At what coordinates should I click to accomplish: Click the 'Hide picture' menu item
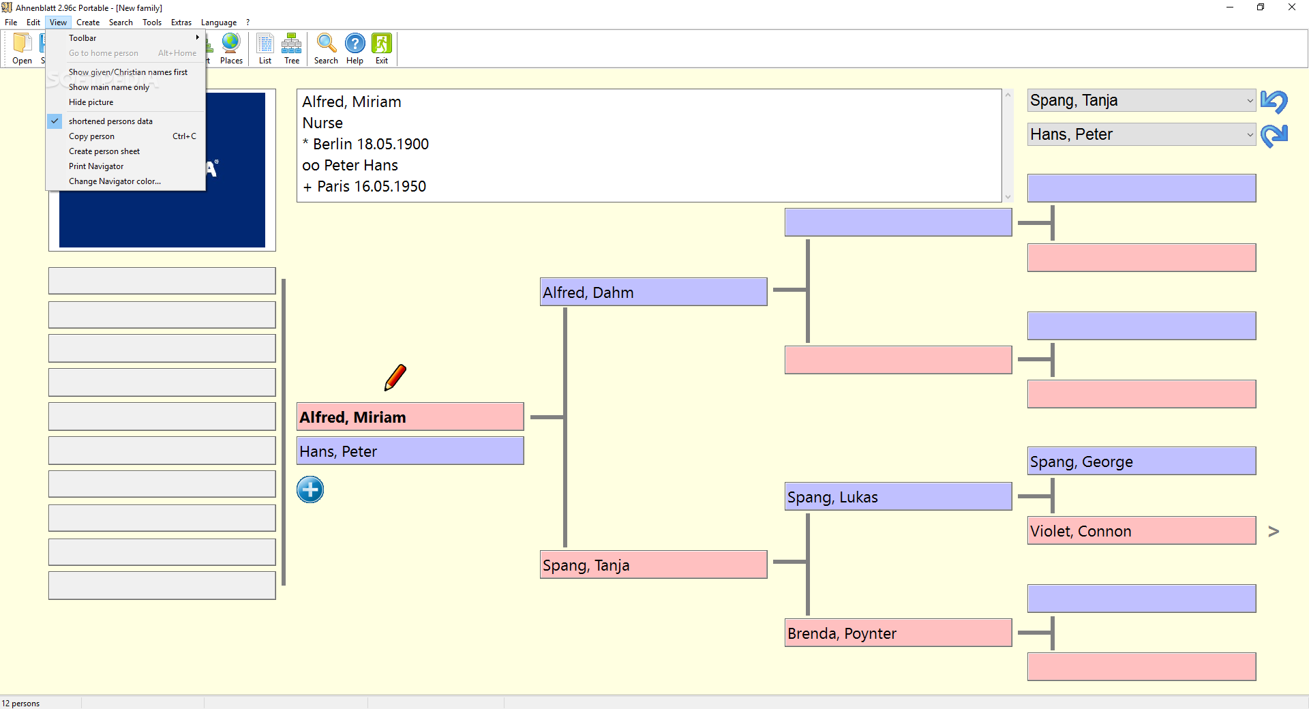[91, 102]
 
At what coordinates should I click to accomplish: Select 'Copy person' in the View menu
[91, 136]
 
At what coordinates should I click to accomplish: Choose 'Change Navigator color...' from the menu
[115, 181]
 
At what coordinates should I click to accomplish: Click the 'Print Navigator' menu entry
[96, 166]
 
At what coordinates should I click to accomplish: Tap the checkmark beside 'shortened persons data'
[55, 121]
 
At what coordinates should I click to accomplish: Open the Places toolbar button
[231, 48]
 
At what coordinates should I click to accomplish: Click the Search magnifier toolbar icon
[326, 48]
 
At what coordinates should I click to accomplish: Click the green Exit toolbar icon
[382, 48]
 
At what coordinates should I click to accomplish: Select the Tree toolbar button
[292, 48]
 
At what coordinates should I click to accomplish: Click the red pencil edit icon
[395, 377]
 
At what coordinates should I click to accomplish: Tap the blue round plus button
[310, 489]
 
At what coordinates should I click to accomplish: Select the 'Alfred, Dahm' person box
[653, 292]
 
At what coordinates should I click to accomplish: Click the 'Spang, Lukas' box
[898, 496]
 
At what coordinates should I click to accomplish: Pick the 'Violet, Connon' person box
[1141, 530]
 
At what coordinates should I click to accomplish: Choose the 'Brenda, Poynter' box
[898, 633]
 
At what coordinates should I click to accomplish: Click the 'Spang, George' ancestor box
[1141, 461]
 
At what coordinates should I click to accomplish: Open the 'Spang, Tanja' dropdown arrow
[1249, 101]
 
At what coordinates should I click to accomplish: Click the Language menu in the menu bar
[218, 22]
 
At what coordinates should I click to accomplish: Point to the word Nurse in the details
[322, 123]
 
